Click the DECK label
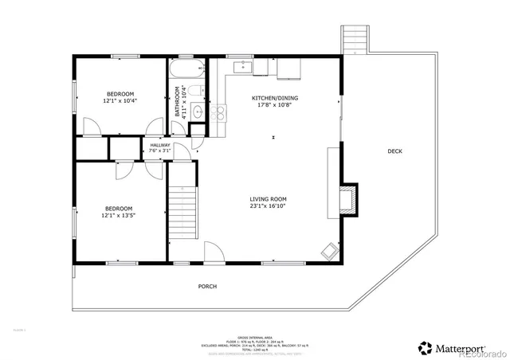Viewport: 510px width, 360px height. point(394,151)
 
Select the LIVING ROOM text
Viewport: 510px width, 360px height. point(268,199)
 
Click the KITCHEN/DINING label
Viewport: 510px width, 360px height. point(271,99)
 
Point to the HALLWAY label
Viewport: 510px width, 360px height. point(160,146)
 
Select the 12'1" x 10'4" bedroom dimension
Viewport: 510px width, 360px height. point(120,101)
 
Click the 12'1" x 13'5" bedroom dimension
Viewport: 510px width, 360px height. point(118,214)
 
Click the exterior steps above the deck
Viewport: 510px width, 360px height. point(355,40)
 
